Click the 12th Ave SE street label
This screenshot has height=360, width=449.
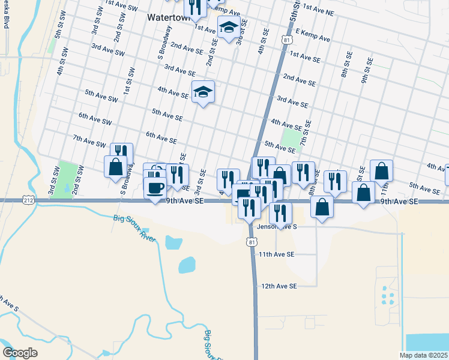pos(279,286)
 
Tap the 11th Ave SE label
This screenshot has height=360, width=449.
pos(276,254)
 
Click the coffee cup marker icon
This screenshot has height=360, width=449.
pos(155,187)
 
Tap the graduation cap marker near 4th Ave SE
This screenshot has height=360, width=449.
pos(203,92)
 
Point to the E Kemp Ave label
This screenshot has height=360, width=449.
pos(312,38)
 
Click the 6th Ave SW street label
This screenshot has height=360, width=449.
pos(95,118)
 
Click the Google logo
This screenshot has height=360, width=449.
pos(20,352)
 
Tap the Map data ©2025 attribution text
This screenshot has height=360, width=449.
pos(423,355)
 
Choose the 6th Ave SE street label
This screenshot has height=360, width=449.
pos(161,137)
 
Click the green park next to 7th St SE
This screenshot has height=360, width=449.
pos(291,140)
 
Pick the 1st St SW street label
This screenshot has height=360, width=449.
pos(127,81)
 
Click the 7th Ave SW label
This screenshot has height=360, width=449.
pos(89,142)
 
